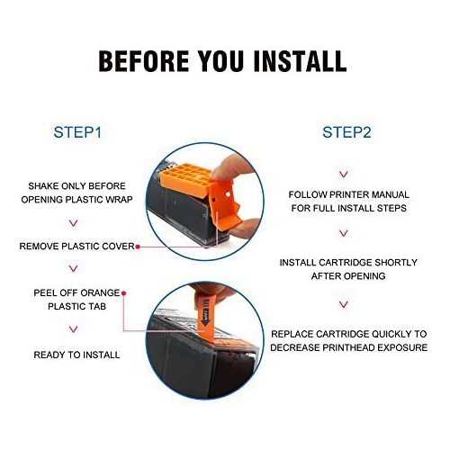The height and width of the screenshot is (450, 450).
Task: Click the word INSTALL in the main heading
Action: [300, 61]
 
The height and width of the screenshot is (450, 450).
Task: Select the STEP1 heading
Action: [77, 132]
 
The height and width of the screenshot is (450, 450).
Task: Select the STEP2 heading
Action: [346, 132]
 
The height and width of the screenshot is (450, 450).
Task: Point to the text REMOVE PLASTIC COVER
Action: [77, 247]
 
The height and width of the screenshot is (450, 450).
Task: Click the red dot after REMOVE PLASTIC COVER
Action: [138, 247]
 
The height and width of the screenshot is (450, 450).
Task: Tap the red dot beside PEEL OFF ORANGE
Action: [123, 293]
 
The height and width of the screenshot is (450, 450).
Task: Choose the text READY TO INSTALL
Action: [76, 355]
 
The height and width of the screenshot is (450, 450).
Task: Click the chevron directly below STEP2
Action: [344, 175]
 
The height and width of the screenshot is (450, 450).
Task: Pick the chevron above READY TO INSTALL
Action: [74, 329]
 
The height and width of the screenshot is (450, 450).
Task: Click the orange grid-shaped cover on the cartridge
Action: [186, 179]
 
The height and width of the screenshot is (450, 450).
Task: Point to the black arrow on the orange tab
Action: [205, 320]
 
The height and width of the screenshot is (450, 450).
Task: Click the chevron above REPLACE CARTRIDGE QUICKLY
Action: [344, 304]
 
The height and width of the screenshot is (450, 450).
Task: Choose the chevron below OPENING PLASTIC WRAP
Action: [74, 223]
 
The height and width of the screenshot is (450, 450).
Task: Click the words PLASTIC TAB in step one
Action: [77, 307]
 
